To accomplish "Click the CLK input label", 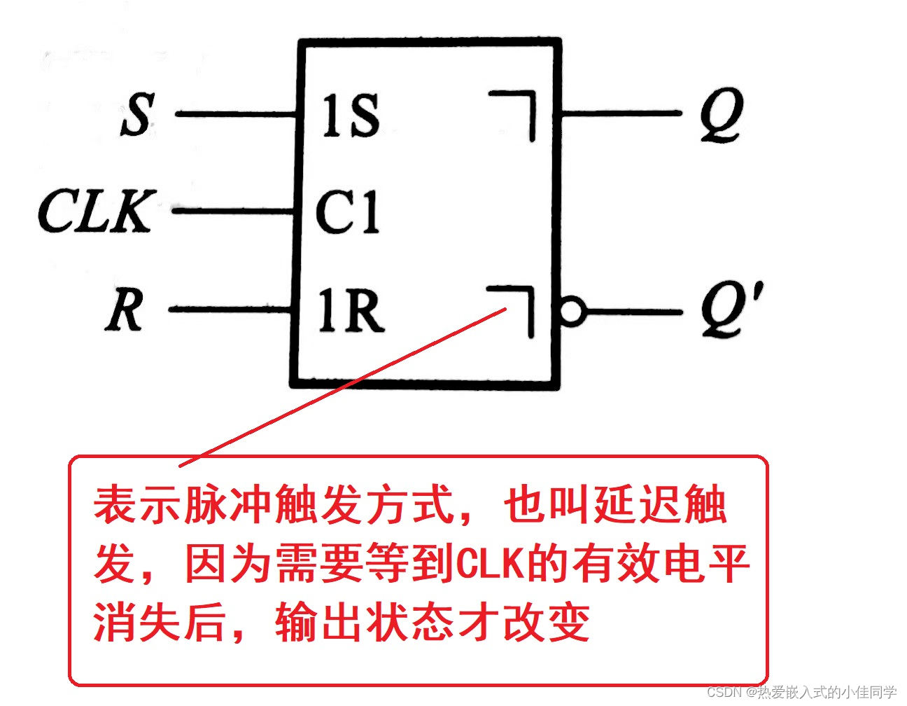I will point(94,211).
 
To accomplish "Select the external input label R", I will point(125,310).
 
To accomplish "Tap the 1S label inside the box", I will point(351,116).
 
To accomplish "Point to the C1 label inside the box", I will point(347,212).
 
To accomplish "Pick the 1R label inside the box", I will point(351,310).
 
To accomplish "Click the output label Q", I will point(722,115).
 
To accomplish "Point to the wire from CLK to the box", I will point(233,210).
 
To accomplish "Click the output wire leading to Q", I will point(620,113).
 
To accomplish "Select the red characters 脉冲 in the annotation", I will point(228,505).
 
